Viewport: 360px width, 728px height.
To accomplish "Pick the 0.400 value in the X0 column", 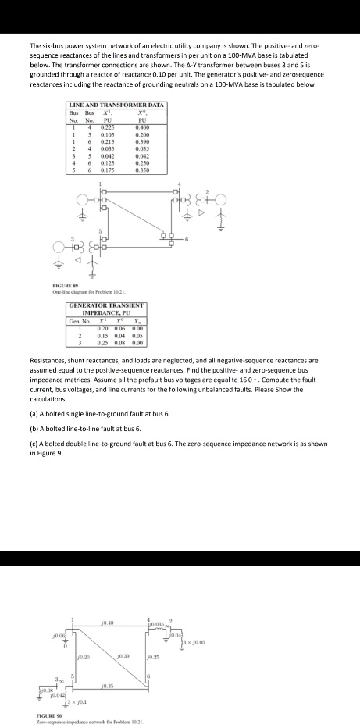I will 141,127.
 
